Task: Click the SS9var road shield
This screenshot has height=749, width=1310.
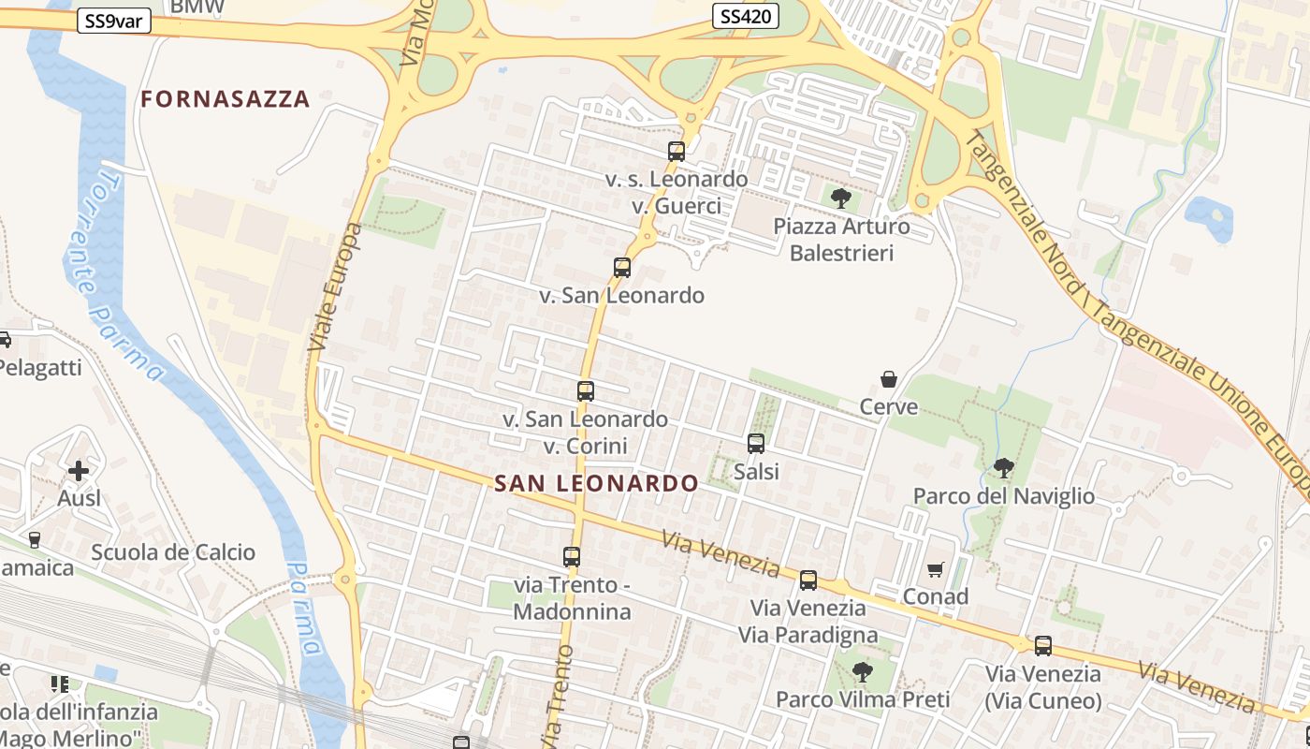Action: coord(114,21)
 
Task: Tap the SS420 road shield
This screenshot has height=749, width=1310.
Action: coord(746,16)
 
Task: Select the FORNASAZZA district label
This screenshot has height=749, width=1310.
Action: coord(225,99)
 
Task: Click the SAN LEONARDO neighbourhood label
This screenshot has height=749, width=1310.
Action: coord(596,483)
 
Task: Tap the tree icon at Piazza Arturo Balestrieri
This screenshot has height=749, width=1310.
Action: coord(841,198)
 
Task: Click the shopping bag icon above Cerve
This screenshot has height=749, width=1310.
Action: coord(889,379)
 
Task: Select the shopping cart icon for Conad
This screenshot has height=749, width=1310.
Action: coord(935,569)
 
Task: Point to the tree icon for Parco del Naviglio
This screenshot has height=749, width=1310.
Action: coord(1004,467)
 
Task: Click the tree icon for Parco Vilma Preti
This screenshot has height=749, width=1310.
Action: coord(862,671)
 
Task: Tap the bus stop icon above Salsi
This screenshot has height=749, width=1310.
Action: coord(756,444)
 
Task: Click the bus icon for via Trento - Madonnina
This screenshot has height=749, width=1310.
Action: coord(572,557)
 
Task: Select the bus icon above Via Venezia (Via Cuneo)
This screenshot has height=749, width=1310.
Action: coord(1043,646)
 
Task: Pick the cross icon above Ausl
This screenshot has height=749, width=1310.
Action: coord(79,470)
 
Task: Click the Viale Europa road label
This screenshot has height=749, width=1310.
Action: coord(334,289)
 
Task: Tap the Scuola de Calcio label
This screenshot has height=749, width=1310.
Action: coord(173,552)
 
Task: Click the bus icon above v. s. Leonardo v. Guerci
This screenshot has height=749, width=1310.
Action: coord(677,151)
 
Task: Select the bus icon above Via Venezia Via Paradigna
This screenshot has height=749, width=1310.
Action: coord(808,580)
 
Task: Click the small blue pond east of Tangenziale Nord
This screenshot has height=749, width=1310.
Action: coord(1210,218)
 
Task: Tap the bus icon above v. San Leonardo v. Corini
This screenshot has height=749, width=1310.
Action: coord(586,391)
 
